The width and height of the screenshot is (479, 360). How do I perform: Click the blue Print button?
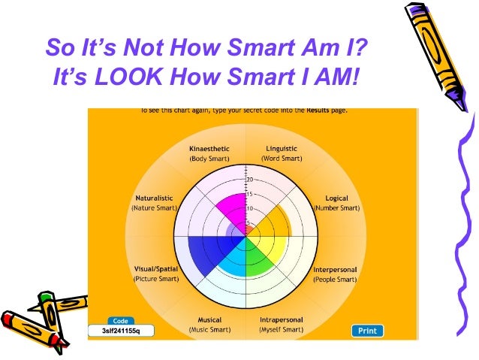pos(367,330)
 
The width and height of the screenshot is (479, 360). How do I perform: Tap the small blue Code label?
pos(121,321)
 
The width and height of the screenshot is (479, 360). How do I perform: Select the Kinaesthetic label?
pos(209,149)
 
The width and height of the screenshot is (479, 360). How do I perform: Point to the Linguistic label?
pos(282,149)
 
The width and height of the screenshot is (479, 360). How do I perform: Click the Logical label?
pos(336,198)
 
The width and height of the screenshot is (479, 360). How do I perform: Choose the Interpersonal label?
pos(334,269)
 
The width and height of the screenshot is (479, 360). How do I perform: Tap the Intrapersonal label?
pos(281,320)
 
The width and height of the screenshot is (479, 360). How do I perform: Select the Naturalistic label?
pos(155,198)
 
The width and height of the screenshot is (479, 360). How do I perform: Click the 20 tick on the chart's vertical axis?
pos(250,180)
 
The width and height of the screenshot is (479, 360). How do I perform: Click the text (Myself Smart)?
pos(281,330)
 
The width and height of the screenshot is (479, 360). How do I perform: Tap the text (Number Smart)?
pos(336,207)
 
